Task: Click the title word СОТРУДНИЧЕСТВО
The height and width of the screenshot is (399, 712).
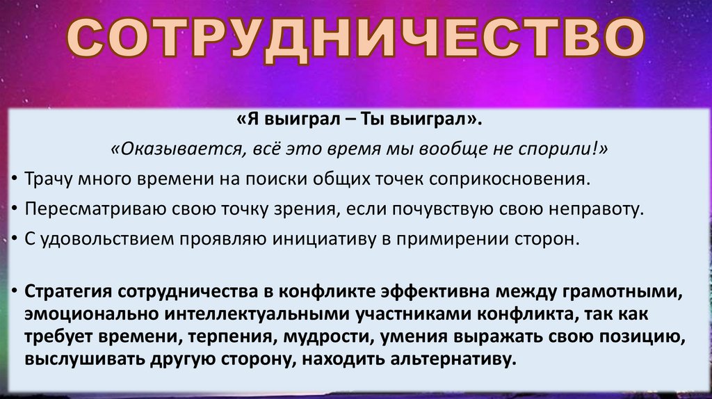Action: pos(356,41)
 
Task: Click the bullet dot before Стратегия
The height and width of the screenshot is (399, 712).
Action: pos(15,291)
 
